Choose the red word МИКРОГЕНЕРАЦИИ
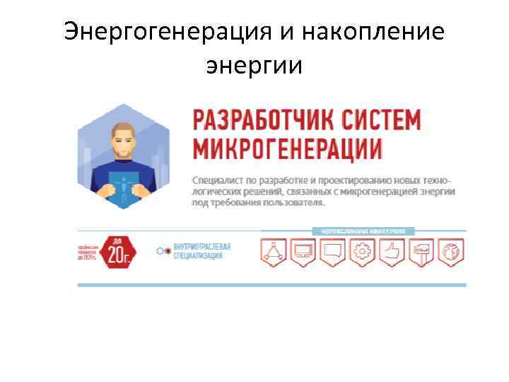(287, 149)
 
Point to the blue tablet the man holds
(124, 186)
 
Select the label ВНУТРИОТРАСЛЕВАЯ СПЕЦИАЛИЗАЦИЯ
(202, 251)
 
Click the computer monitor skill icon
(303, 252)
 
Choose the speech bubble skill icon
(332, 252)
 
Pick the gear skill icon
(362, 252)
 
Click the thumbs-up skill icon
(391, 252)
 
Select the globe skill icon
(450, 252)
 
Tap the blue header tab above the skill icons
(363, 231)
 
